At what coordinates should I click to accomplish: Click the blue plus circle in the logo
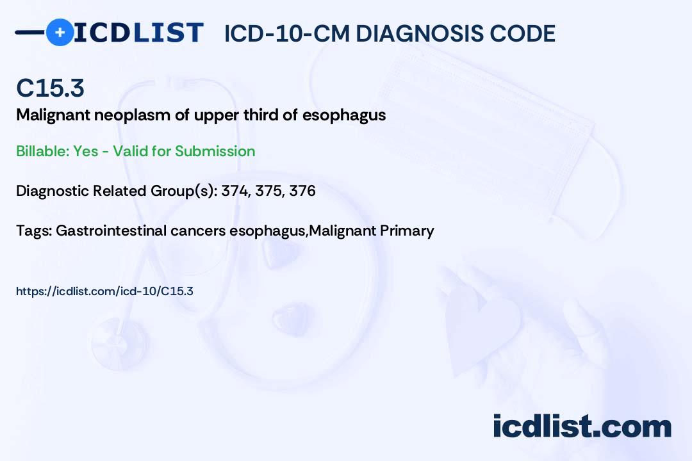[x=60, y=32]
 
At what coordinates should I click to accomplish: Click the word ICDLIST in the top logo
[x=138, y=33]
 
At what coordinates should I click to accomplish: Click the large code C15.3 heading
[x=51, y=88]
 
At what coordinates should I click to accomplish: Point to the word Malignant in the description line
[x=53, y=116]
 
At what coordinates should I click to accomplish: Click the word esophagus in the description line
[x=344, y=116]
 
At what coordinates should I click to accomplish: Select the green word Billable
[x=43, y=151]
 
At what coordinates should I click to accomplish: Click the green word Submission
[x=215, y=151]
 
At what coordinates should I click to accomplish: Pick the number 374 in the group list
[x=235, y=191]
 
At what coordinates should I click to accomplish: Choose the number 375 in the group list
[x=268, y=191]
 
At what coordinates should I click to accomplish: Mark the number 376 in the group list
[x=302, y=191]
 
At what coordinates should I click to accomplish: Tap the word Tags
[x=33, y=230]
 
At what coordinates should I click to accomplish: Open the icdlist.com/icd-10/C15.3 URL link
[x=104, y=291]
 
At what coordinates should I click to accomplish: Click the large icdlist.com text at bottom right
[x=582, y=426]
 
